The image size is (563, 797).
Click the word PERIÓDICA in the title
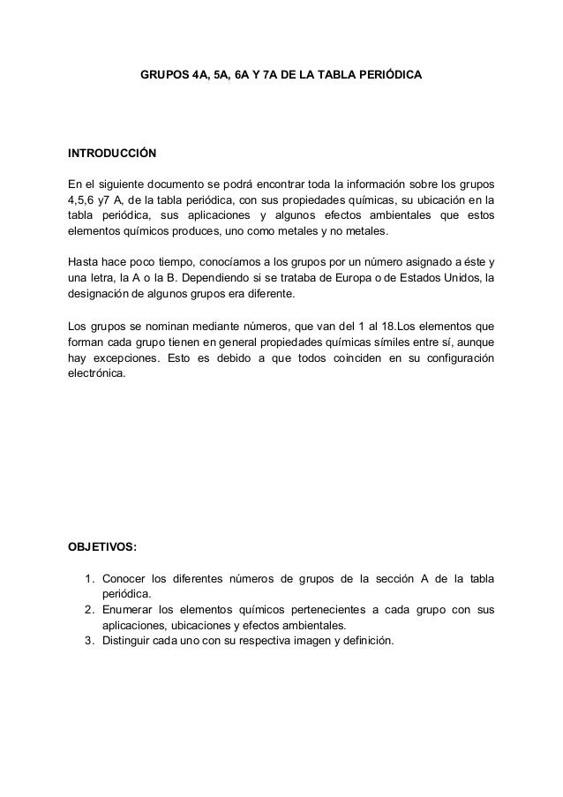(x=392, y=76)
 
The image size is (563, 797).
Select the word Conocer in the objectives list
(x=124, y=579)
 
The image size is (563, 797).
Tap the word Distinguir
(x=129, y=642)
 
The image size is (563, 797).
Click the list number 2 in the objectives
(x=89, y=611)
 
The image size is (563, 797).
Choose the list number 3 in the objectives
(x=89, y=642)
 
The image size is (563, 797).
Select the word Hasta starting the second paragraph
(x=84, y=263)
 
